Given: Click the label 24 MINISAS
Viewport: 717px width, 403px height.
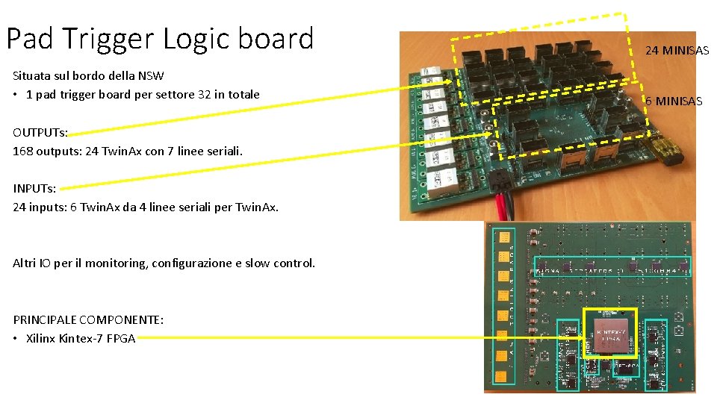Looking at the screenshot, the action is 677,51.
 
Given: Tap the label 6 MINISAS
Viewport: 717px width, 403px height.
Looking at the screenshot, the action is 674,101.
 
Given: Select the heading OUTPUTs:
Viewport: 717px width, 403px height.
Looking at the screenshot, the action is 40,133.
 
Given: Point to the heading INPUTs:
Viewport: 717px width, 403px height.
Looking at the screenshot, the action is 34,189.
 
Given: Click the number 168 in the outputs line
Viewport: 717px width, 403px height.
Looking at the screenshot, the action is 22,151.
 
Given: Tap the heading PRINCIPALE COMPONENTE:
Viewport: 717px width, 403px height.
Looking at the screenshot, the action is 88,319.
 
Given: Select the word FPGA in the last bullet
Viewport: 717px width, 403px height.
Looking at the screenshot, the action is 121,338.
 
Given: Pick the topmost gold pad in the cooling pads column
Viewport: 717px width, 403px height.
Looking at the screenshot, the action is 504,238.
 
